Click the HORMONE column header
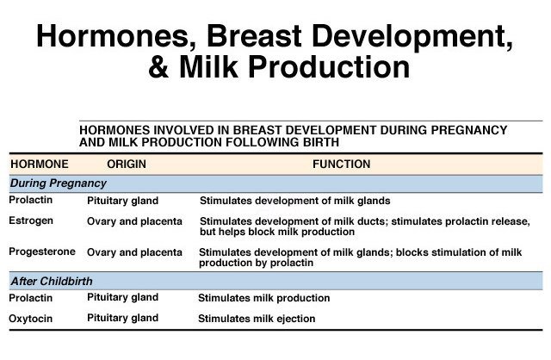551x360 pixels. click(x=40, y=164)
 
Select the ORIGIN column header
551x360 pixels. click(x=127, y=164)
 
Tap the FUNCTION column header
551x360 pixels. click(x=342, y=164)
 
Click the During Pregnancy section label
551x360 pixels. click(x=58, y=183)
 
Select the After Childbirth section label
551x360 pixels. click(x=52, y=282)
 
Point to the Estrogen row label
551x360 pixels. click(x=31, y=221)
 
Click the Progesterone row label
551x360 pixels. click(x=42, y=251)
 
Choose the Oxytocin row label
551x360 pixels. click(x=31, y=319)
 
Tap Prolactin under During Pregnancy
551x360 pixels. click(x=31, y=200)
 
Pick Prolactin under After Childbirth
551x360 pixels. click(x=31, y=298)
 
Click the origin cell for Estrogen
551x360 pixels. click(x=134, y=221)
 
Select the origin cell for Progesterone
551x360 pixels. click(x=134, y=252)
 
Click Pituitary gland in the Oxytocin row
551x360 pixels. click(x=122, y=318)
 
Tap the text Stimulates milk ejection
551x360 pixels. click(x=257, y=319)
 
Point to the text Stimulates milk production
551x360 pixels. click(x=264, y=298)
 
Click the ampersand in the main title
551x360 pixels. click(x=158, y=67)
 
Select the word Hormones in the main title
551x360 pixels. click(x=114, y=36)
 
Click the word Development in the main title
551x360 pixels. click(x=412, y=37)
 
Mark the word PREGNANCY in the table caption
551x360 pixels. click(x=469, y=130)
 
